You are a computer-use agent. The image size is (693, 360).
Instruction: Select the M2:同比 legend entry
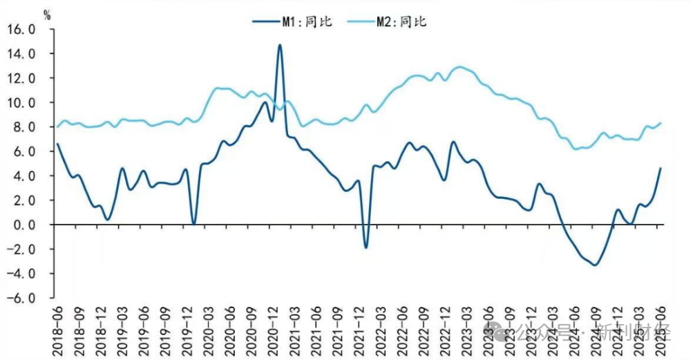point(401,21)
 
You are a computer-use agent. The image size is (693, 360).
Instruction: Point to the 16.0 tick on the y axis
point(21,29)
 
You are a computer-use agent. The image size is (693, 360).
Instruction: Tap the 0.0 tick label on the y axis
point(25,225)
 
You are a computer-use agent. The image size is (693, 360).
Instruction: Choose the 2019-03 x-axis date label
point(122,330)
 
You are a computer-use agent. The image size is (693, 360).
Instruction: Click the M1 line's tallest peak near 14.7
point(280,46)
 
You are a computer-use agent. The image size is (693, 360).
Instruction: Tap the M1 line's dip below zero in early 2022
point(366,247)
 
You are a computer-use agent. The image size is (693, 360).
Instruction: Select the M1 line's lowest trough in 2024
point(594,265)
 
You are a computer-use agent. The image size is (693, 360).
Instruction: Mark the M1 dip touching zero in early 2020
point(193,224)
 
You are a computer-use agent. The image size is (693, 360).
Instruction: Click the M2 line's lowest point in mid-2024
point(576,149)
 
